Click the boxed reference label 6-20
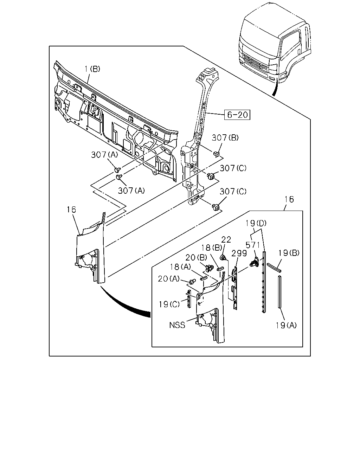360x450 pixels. [237, 115]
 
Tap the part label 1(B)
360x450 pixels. [92, 69]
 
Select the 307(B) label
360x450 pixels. [225, 137]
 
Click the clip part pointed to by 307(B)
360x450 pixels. [216, 154]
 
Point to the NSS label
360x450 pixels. [177, 325]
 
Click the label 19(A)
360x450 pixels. [286, 325]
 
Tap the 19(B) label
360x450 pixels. [289, 253]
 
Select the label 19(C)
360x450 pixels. [169, 304]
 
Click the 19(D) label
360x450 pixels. [256, 223]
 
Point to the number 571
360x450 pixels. [252, 245]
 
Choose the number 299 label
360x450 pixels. [239, 253]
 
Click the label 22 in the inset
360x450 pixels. [226, 239]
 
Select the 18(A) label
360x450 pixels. [180, 267]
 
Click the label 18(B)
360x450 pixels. [212, 248]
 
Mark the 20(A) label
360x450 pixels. [169, 279]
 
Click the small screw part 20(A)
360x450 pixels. [192, 281]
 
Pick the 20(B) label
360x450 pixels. [196, 257]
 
